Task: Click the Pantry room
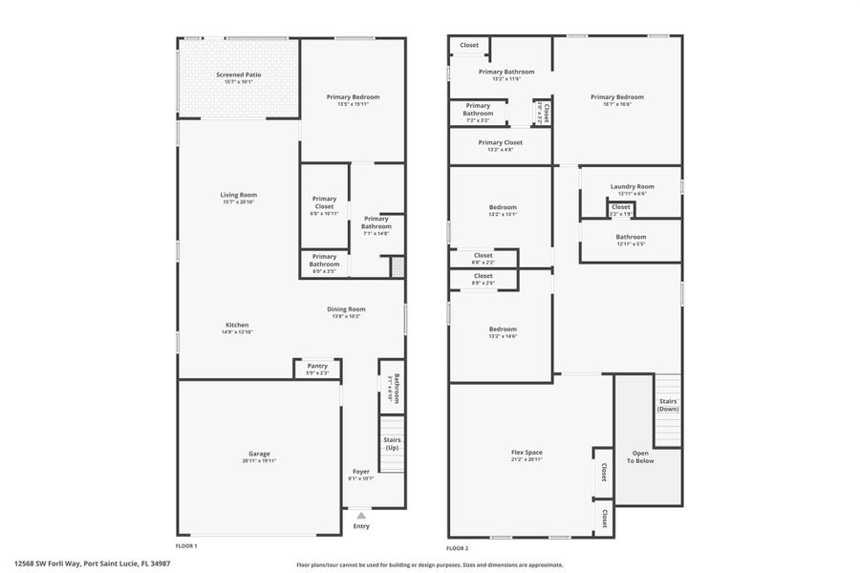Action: click(317, 368)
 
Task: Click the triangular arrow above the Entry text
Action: click(360, 514)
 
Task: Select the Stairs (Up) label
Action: click(392, 443)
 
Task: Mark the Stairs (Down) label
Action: click(668, 404)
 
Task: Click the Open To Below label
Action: click(640, 456)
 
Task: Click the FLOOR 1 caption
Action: click(186, 545)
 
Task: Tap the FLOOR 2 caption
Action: click(458, 548)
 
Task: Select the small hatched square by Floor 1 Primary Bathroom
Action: click(398, 266)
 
